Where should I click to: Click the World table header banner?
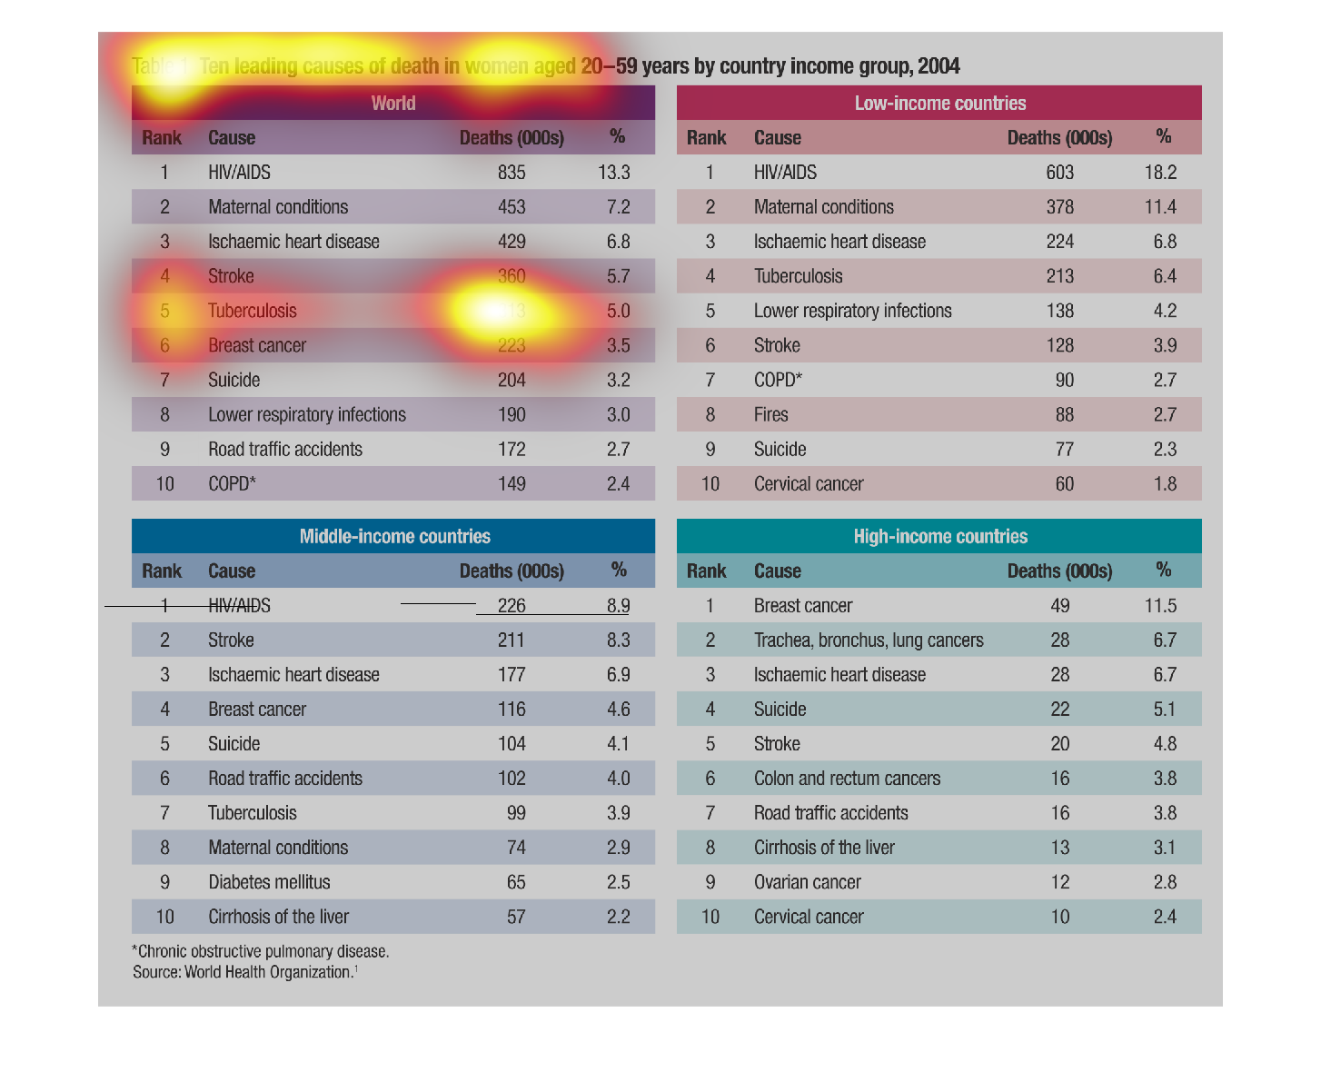pyautogui.click(x=392, y=104)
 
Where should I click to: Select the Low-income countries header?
pyautogui.click(x=939, y=104)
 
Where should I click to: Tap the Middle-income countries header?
pyautogui.click(x=394, y=537)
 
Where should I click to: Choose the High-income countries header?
pyautogui.click(x=939, y=537)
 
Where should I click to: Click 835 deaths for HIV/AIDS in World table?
pyautogui.click(x=512, y=173)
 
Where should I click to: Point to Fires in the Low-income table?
pyautogui.click(x=770, y=415)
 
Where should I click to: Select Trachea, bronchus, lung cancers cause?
pyautogui.click(x=868, y=640)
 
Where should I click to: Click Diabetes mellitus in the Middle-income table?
pyautogui.click(x=269, y=882)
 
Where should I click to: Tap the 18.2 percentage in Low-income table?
pyautogui.click(x=1160, y=173)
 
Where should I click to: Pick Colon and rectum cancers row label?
pyautogui.click(x=847, y=779)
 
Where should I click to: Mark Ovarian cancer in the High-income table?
pyautogui.click(x=807, y=882)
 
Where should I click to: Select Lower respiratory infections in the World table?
pyautogui.click(x=306, y=415)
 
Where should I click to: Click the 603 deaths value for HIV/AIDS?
pyautogui.click(x=1059, y=173)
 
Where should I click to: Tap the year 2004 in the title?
pyautogui.click(x=939, y=66)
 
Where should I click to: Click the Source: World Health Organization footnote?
pyautogui.click(x=244, y=972)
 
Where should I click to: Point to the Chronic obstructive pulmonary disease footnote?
pyautogui.click(x=261, y=952)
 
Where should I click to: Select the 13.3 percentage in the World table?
pyautogui.click(x=613, y=173)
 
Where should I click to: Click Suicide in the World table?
pyautogui.click(x=233, y=381)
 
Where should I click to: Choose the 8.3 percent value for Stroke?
pyautogui.click(x=618, y=640)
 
